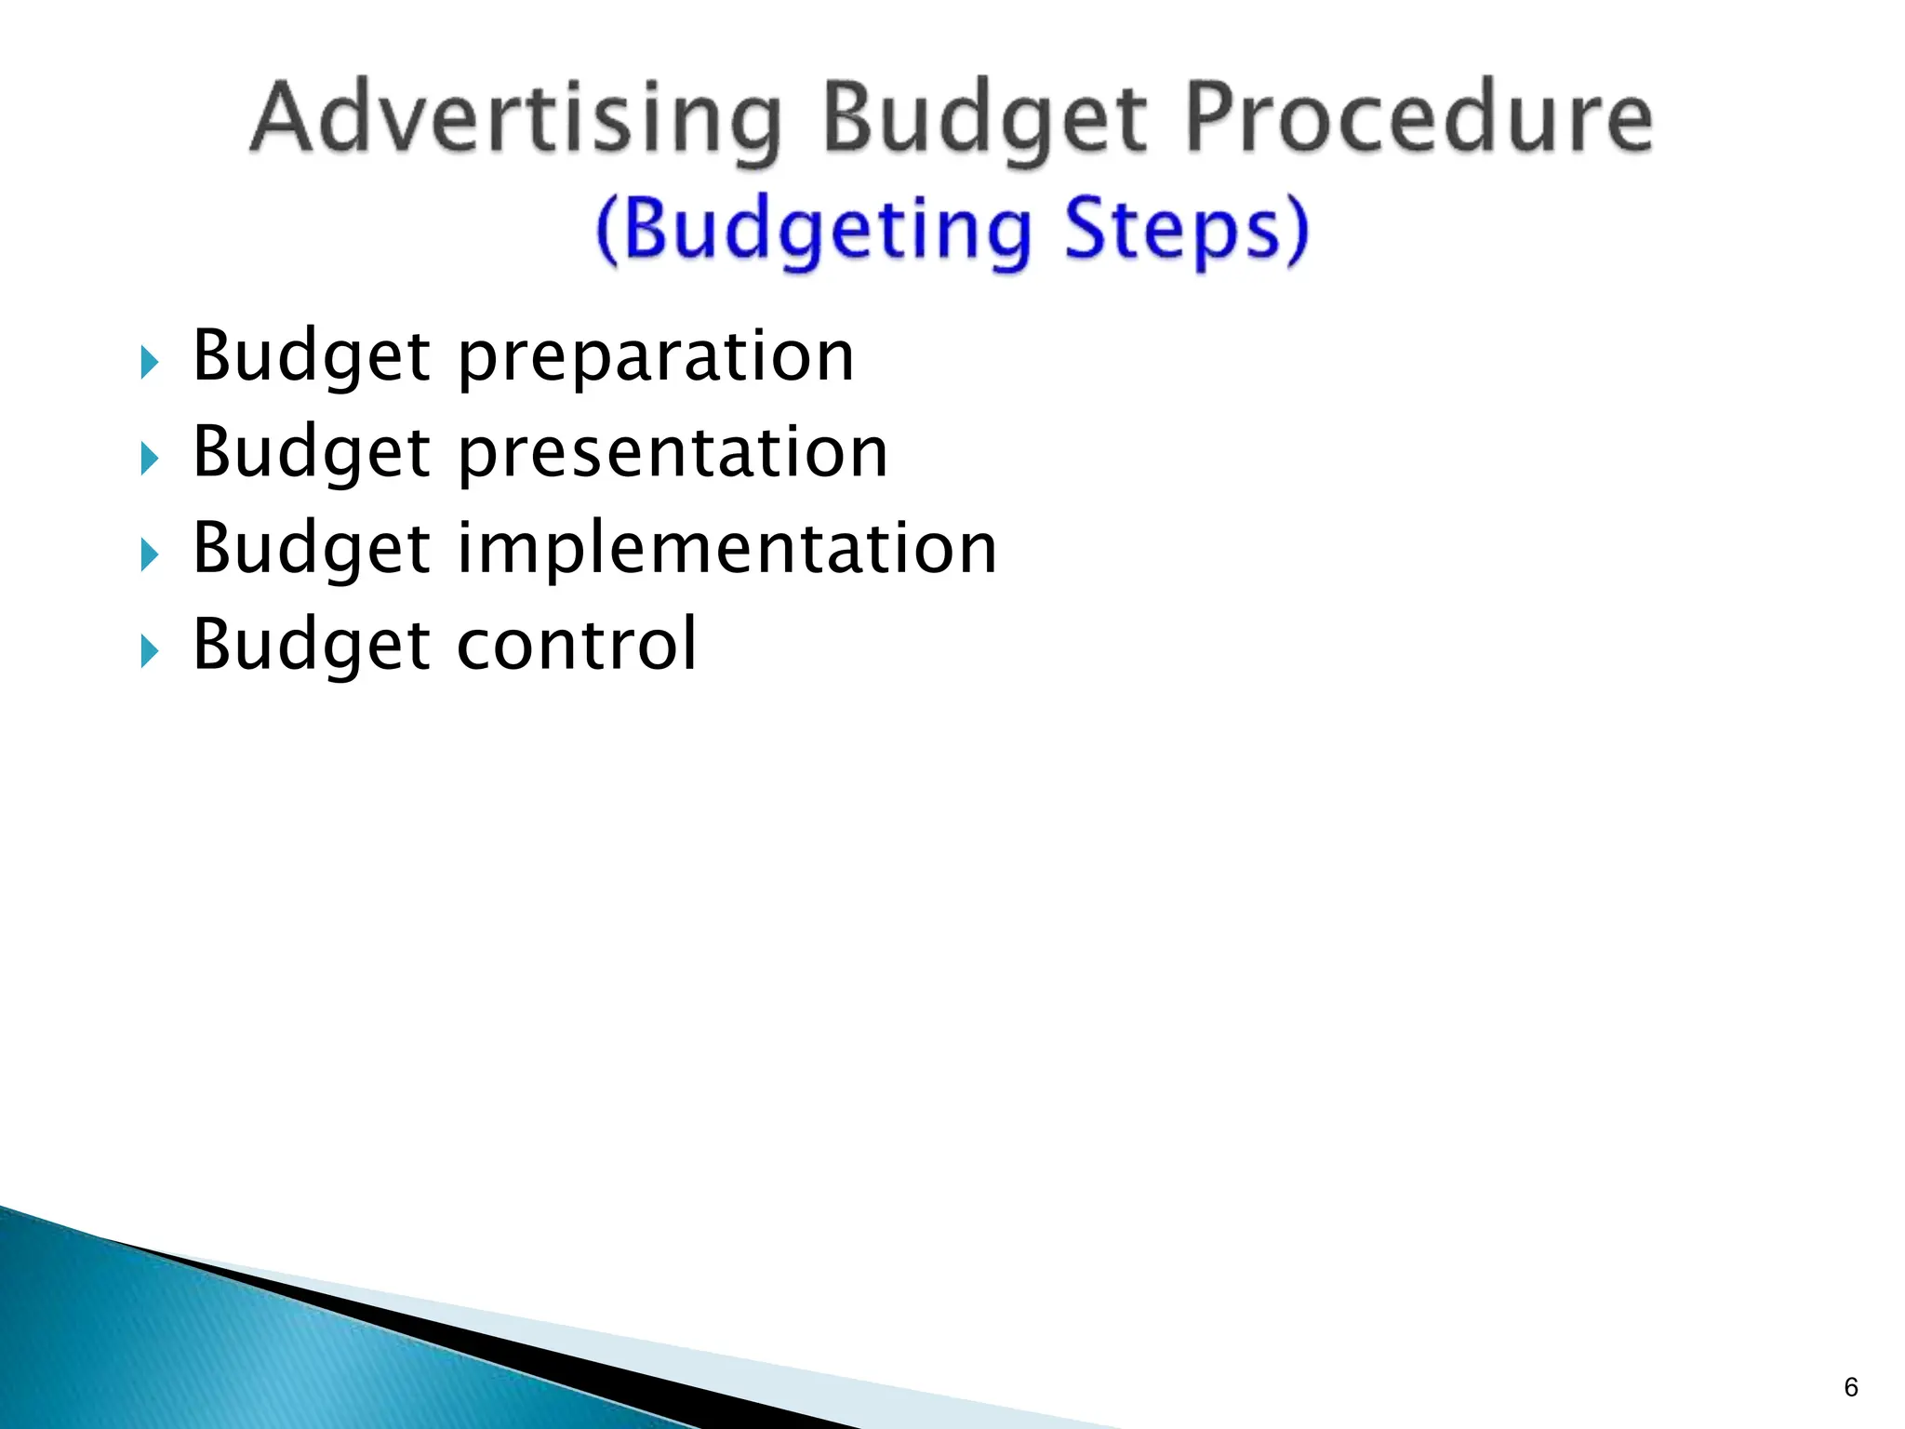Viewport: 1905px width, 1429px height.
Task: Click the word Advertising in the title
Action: tap(516, 119)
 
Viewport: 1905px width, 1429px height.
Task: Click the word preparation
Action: tap(656, 357)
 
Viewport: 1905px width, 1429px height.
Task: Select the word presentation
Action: tap(673, 453)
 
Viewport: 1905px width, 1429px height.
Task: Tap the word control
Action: tap(577, 644)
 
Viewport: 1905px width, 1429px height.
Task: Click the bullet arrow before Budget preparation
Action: tap(150, 362)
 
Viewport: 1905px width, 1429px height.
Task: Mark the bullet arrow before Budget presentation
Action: tap(150, 459)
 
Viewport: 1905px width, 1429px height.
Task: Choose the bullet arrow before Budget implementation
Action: tap(150, 555)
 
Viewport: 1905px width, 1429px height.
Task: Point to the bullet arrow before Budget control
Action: tap(150, 651)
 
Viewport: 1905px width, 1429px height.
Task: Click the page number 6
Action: tap(1850, 1387)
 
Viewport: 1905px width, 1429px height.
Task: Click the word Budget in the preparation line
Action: tap(312, 357)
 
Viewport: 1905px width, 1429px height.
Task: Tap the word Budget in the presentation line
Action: tap(312, 453)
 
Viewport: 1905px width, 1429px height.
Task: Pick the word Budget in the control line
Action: tap(312, 644)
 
